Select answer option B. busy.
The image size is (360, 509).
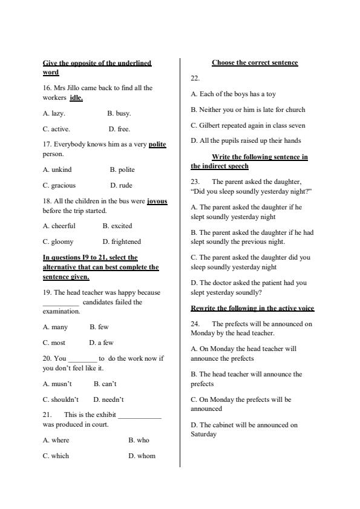point(119,113)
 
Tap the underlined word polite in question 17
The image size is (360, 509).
point(157,145)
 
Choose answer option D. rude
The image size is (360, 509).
point(121,185)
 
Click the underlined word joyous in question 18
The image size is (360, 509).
point(157,201)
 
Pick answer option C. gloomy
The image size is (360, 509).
point(58,241)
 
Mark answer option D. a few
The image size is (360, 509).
point(101,343)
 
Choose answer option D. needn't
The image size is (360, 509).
point(108,399)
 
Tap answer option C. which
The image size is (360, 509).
point(56,456)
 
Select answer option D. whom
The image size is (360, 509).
point(142,456)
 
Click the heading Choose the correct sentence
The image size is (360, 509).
point(255,63)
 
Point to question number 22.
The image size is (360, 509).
point(195,78)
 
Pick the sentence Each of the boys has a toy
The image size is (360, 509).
point(234,94)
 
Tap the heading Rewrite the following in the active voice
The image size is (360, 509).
point(252,308)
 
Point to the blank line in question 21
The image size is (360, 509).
point(140,416)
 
